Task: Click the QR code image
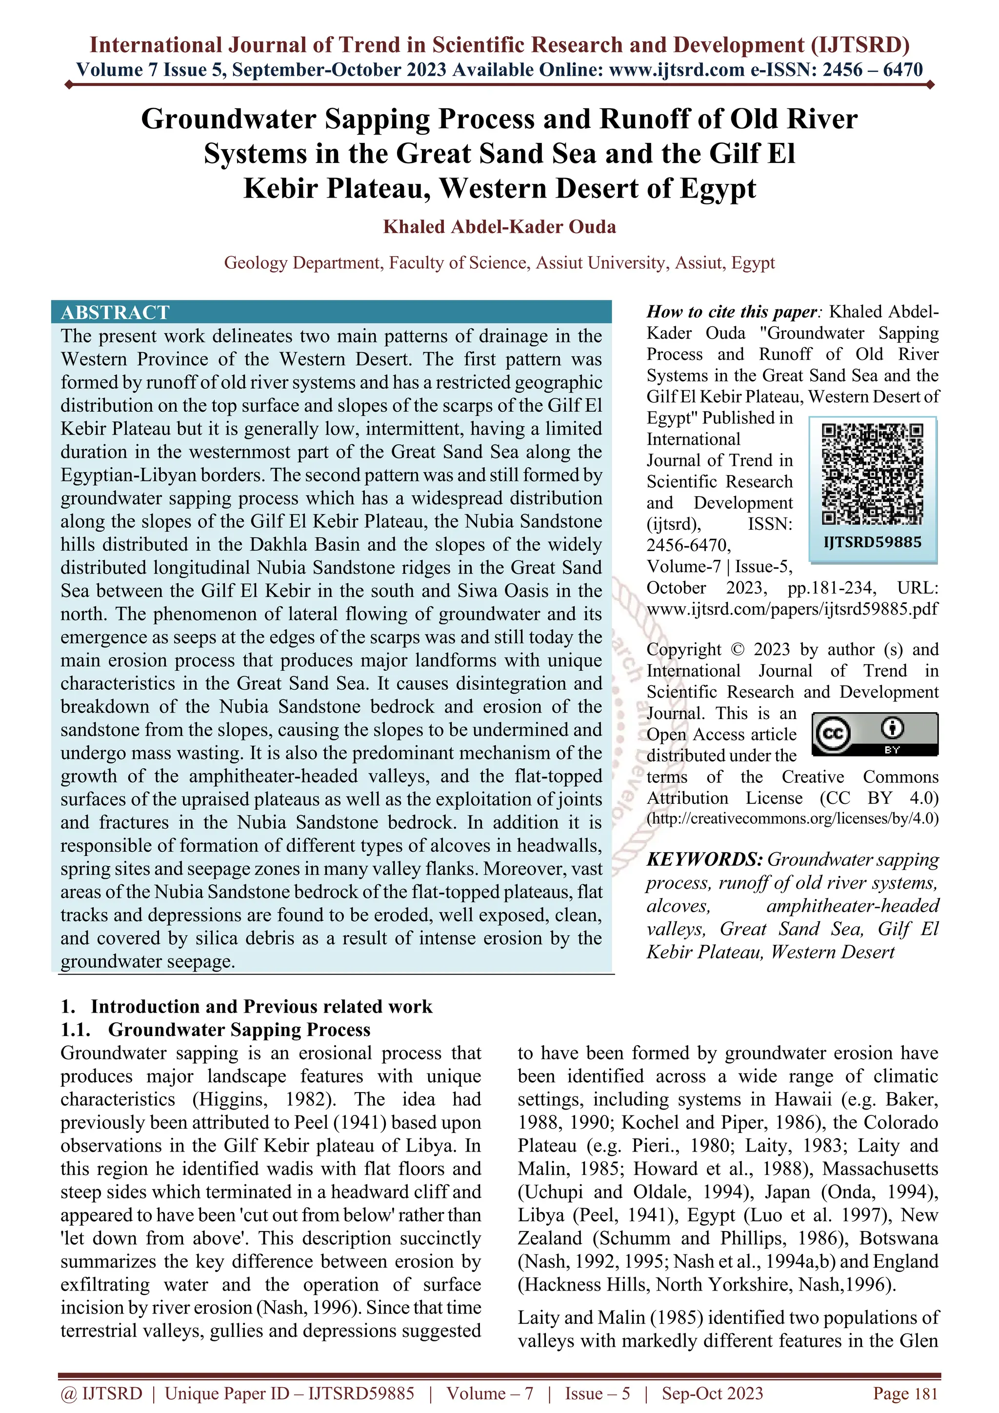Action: point(872,474)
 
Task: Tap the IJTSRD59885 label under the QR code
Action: point(872,542)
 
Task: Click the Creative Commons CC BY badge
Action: point(875,734)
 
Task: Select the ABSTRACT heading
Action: point(115,313)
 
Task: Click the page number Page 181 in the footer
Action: point(905,1393)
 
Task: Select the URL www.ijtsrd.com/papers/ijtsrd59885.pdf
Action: point(792,609)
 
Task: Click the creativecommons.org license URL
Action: point(792,818)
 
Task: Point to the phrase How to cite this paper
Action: point(731,312)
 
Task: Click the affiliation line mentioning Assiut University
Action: point(499,263)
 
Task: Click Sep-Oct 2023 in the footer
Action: point(712,1393)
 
